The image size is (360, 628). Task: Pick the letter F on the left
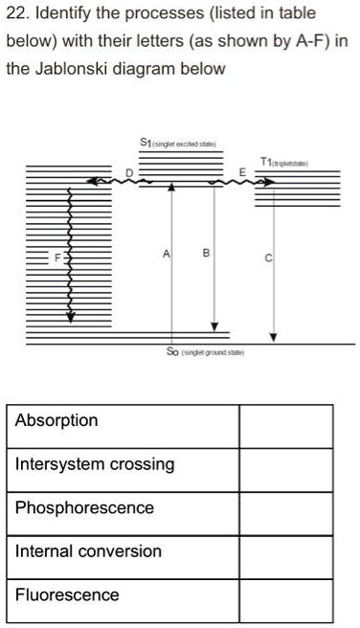point(56,256)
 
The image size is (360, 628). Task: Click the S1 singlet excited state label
point(182,145)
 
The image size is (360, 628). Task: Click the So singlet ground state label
point(207,351)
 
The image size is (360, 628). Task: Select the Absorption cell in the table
point(124,421)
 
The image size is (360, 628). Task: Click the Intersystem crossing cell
point(124,464)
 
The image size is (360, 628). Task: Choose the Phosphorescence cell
point(124,507)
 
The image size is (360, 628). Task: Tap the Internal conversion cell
point(124,551)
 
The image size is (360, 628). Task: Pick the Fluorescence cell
point(124,594)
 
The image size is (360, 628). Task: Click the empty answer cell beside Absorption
point(285,421)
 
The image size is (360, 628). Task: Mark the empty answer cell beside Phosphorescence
point(285,507)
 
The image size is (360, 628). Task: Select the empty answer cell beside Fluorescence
point(285,594)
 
